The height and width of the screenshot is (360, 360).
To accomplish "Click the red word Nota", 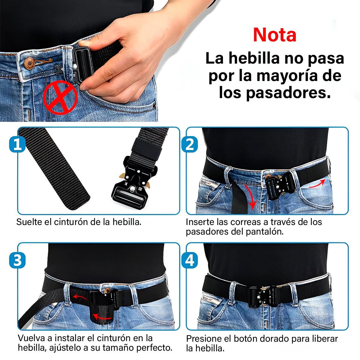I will coord(274,35).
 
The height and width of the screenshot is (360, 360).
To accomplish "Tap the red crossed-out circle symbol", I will coord(60,97).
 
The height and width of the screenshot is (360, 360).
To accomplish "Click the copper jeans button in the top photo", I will coord(29,64).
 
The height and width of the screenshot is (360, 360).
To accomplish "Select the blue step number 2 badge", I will coord(190,144).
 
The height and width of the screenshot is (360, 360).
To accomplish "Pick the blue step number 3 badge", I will coord(17,260).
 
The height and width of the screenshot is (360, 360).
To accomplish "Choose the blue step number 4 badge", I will coord(190,260).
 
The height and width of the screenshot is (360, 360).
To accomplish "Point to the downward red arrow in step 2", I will coord(250,196).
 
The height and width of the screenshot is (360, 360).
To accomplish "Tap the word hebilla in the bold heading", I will coord(255,58).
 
